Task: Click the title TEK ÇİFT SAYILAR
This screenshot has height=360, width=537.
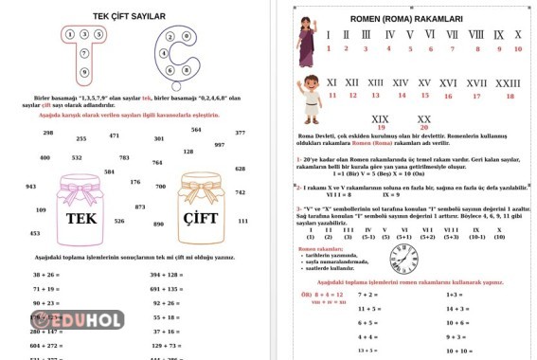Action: point(130,16)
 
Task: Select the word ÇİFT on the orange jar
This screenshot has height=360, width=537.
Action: point(201,218)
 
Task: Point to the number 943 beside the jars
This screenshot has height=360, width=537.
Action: point(31,187)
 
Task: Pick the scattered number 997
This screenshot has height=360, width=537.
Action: point(220,145)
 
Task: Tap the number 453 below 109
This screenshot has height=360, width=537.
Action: point(35,233)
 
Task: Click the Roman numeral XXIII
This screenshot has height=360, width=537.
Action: point(508,83)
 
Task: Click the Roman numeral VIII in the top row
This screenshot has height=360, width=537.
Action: point(476,35)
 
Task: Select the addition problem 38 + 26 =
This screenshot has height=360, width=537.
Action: point(47,274)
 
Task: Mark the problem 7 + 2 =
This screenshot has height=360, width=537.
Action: point(368,295)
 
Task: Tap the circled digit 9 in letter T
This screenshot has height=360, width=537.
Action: point(84,71)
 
